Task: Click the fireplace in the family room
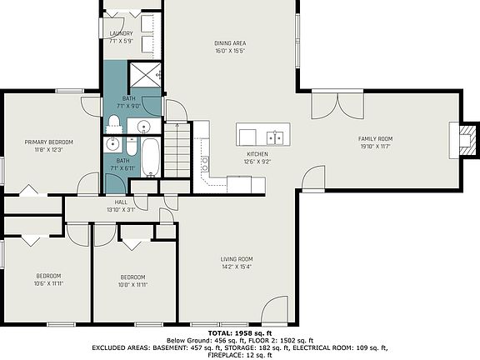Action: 467,138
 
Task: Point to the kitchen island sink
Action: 272,137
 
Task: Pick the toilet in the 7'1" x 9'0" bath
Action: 114,125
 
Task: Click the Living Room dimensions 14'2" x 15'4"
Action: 236,267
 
